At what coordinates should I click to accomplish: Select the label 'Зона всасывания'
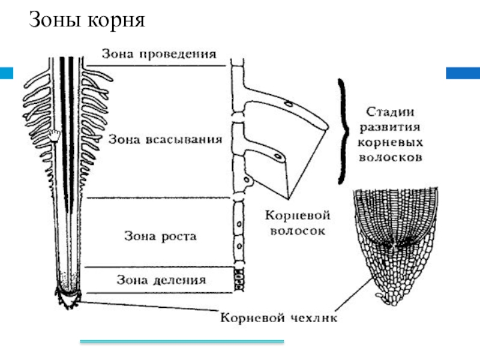coord(166,139)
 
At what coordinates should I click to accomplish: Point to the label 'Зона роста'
coord(160,236)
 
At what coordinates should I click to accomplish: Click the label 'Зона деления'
coord(161,280)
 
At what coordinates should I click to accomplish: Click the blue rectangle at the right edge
coord(463,73)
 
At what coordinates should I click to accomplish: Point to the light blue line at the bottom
coord(182,342)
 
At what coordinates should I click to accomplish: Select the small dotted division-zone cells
coord(240,279)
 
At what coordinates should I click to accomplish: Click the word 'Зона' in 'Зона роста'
coord(137,236)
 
